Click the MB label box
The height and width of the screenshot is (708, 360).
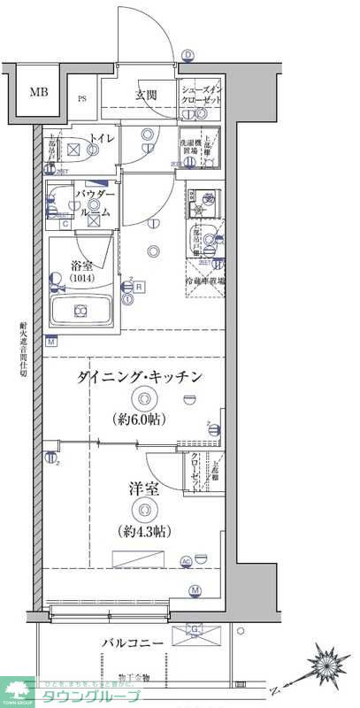pyautogui.click(x=38, y=92)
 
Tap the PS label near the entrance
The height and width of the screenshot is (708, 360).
pyautogui.click(x=81, y=99)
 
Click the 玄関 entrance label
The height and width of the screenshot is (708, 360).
pyautogui.click(x=146, y=95)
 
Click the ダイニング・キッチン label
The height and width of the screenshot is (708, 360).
pyautogui.click(x=142, y=377)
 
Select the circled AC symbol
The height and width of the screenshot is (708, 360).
pyautogui.click(x=186, y=561)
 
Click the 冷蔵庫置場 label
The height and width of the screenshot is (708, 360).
pyautogui.click(x=205, y=281)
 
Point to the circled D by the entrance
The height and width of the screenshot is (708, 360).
pyautogui.click(x=188, y=55)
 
